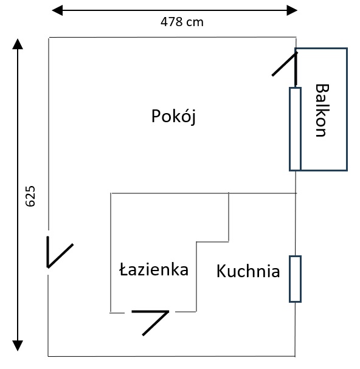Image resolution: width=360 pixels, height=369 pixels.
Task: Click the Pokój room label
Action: [x=173, y=116]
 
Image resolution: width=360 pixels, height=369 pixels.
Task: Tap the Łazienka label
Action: [x=154, y=269]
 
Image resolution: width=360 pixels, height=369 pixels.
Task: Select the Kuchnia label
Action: [x=248, y=271]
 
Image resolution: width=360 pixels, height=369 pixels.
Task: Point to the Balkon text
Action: [x=322, y=110]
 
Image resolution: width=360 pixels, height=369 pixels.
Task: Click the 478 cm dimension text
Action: [x=182, y=22]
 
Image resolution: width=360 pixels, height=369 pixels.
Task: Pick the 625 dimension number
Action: [x=30, y=196]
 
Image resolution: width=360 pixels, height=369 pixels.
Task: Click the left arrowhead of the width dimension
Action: [x=57, y=10]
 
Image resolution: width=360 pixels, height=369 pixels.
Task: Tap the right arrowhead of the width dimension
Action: [x=292, y=10]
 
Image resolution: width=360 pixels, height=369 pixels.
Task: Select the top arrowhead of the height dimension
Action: [x=18, y=44]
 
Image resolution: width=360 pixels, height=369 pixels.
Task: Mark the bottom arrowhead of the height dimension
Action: [x=18, y=346]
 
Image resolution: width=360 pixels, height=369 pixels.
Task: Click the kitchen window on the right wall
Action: [x=296, y=279]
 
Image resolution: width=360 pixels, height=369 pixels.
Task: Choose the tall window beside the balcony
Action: [x=296, y=129]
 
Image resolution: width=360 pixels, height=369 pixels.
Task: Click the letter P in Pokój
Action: [x=156, y=116]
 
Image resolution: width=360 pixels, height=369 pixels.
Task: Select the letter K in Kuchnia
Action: [x=221, y=271]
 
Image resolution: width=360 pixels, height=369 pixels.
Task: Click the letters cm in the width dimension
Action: [x=195, y=23]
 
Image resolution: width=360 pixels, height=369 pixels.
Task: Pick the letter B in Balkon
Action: [x=322, y=89]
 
